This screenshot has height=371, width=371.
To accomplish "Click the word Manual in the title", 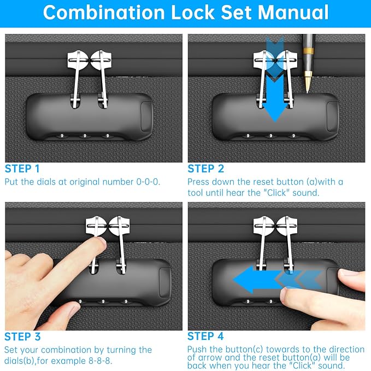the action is pyautogui.click(x=293, y=13).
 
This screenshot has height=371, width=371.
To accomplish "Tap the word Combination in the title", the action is pyautogui.click(x=104, y=13).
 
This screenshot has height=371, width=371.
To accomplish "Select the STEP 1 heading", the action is pyautogui.click(x=22, y=169).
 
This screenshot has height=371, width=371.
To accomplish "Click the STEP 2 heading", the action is pyautogui.click(x=205, y=169).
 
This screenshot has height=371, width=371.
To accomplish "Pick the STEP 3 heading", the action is pyautogui.click(x=22, y=337).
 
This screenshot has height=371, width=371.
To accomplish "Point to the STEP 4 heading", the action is pyautogui.click(x=205, y=336).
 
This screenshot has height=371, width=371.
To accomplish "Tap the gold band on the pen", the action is pyautogui.click(x=308, y=51).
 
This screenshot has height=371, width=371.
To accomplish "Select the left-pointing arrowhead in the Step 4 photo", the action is pyautogui.click(x=243, y=280).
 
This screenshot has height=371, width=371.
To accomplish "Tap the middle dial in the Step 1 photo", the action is pyautogui.click(x=85, y=136).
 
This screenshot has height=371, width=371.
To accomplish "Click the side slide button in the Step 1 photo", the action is pyautogui.click(x=146, y=117).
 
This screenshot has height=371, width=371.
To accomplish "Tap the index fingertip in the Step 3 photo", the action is pyautogui.click(x=101, y=244).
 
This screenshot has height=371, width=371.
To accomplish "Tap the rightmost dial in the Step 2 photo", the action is pyautogui.click(x=293, y=136).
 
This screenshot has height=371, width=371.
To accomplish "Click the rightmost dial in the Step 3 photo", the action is pyautogui.click(x=126, y=302).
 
